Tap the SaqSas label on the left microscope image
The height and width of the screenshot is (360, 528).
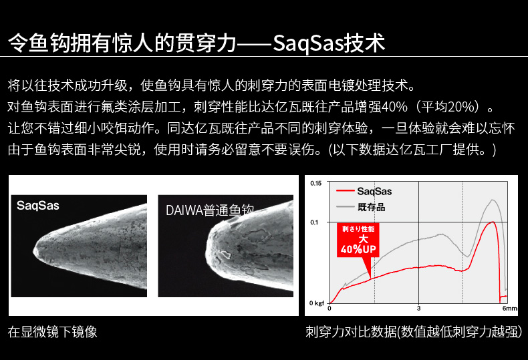(x=37, y=206)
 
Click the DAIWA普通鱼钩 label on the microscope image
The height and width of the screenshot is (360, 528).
(x=209, y=210)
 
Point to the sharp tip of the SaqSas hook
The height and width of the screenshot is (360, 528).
(x=33, y=250)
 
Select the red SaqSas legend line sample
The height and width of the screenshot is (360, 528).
(x=345, y=191)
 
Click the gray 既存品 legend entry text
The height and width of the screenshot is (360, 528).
(x=372, y=207)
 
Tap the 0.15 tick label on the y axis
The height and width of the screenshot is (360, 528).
(x=316, y=184)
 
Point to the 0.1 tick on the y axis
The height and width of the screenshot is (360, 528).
(x=314, y=222)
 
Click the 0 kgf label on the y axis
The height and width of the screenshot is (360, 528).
(x=317, y=303)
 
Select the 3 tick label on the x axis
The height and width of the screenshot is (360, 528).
(x=418, y=308)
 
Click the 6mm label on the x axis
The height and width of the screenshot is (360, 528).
(x=509, y=308)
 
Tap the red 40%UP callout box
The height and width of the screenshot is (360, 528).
(x=358, y=240)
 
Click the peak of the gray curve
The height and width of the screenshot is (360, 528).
(x=493, y=200)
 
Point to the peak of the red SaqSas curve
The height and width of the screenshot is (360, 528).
(x=493, y=222)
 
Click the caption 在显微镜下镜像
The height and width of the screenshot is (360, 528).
(x=53, y=332)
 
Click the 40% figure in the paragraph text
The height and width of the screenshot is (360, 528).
(x=394, y=107)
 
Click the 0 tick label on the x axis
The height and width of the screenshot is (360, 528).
(x=329, y=308)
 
